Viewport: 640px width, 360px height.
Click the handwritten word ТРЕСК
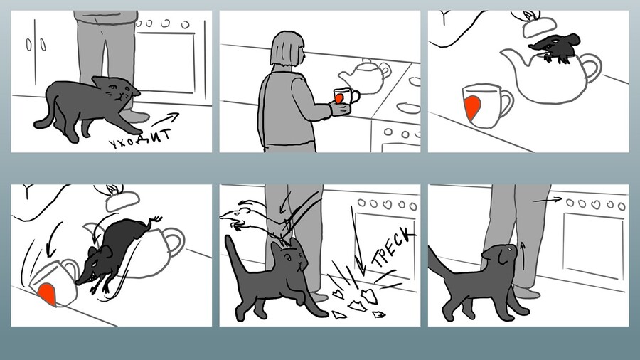coord(393,247)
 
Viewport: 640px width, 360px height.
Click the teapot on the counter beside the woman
coord(365,76)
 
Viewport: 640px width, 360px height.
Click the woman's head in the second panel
coord(287,48)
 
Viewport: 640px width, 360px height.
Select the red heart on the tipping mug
coord(47,293)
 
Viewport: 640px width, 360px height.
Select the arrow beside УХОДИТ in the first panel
coord(165,120)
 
